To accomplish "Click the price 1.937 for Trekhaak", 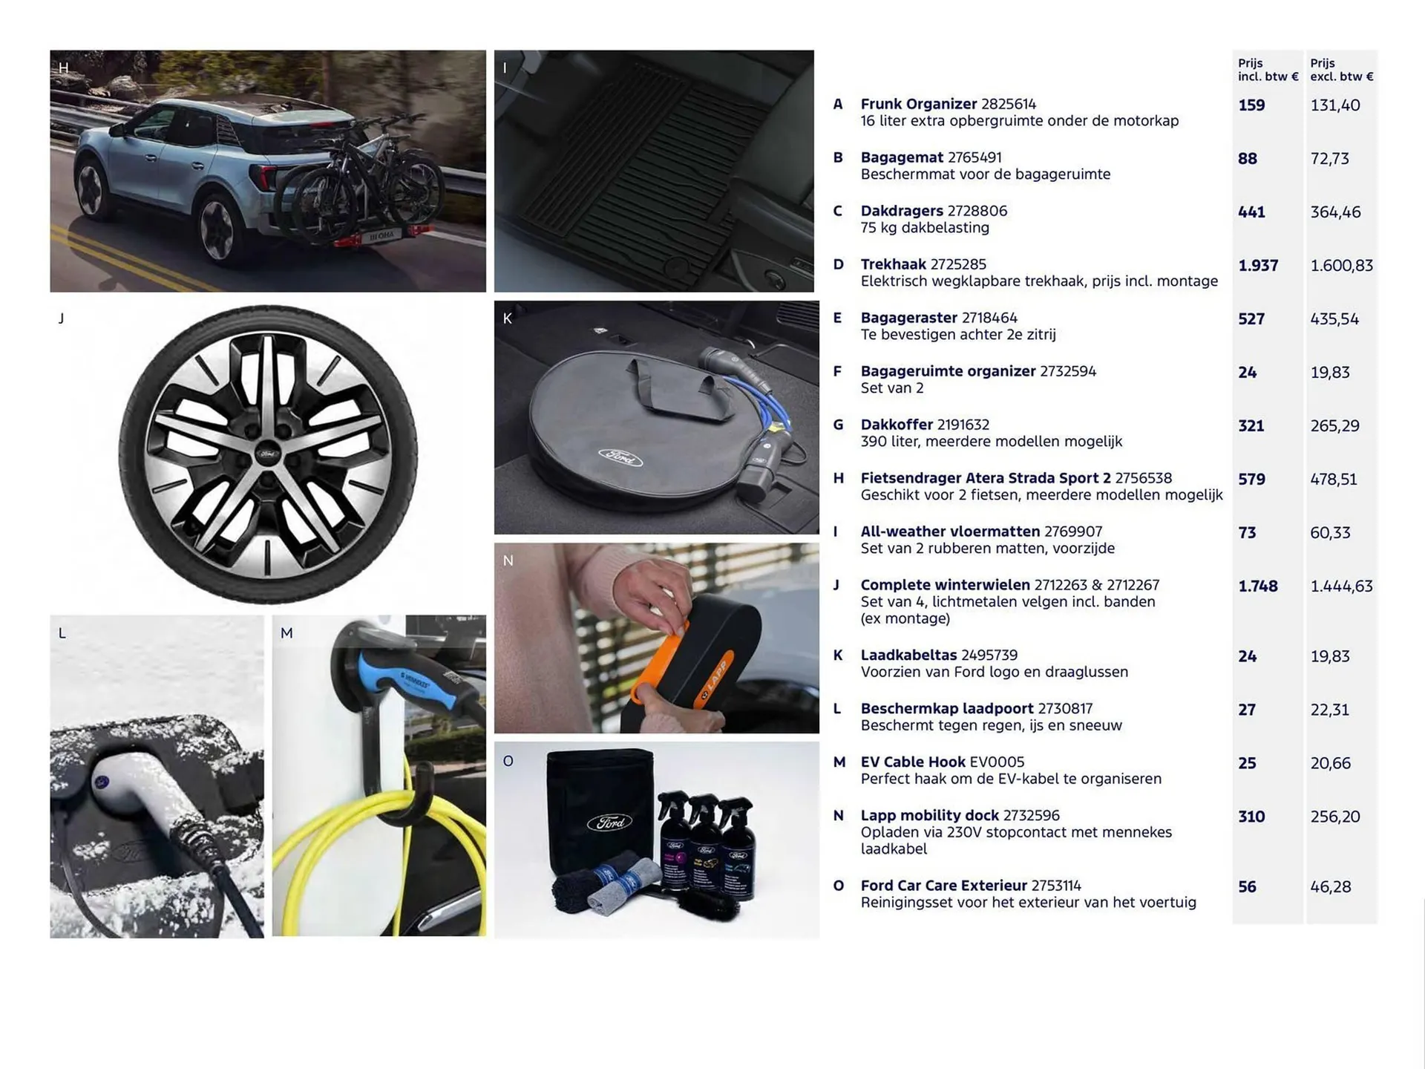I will [x=1258, y=266].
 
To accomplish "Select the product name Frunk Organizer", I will [x=918, y=105].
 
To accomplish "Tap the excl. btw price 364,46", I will [x=1335, y=212].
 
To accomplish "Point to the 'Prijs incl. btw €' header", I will [x=1267, y=70].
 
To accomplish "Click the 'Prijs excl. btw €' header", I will [x=1341, y=70].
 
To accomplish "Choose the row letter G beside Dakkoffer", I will [x=838, y=425].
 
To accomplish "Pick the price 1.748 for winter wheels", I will [x=1258, y=586].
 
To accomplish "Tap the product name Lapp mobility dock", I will [x=929, y=815].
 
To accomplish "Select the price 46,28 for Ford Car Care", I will [x=1330, y=887].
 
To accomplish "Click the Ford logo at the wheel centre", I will [x=268, y=454].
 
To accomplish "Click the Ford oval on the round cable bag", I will [x=620, y=457].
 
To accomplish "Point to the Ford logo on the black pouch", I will [x=609, y=822].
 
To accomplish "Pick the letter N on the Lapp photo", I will [x=508, y=561].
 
